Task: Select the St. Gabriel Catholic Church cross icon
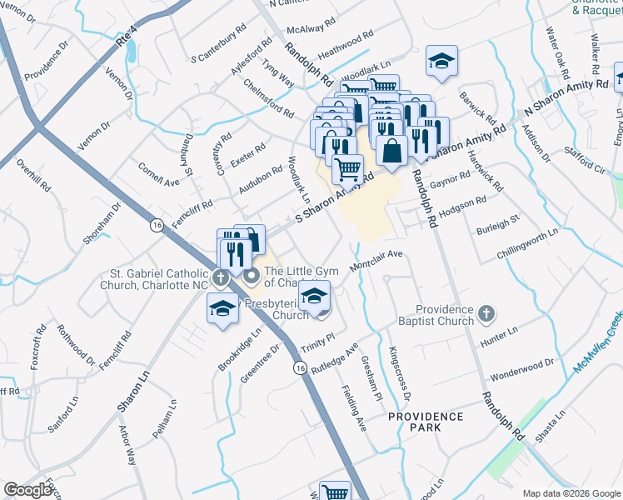pyautogui.click(x=220, y=277)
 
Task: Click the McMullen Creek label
pyautogui.click(x=598, y=343)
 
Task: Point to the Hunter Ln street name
pyautogui.click(x=500, y=337)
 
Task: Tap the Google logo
pyautogui.click(x=28, y=489)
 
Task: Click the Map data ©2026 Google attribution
pyautogui.click(x=571, y=493)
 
